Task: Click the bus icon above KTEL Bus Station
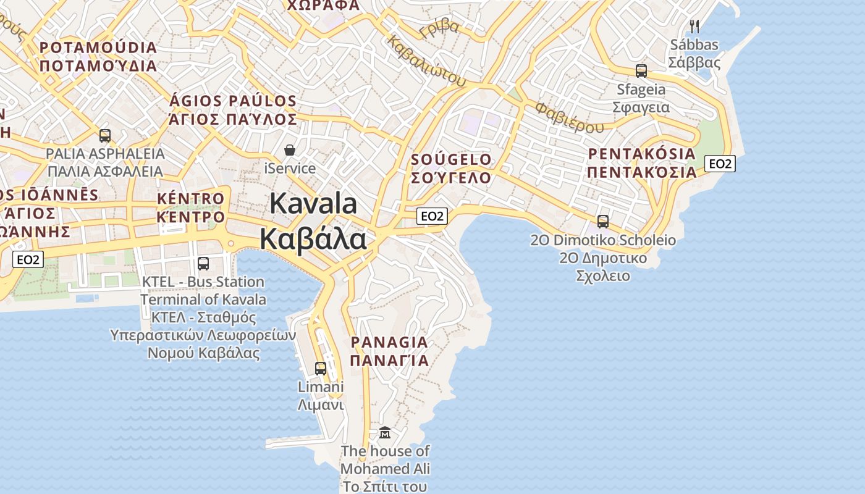tap(203, 264)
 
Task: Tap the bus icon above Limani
tap(321, 369)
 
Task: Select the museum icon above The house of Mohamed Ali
tap(385, 432)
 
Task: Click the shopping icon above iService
tap(289, 150)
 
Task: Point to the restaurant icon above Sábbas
tap(694, 26)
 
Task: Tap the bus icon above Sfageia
tap(641, 71)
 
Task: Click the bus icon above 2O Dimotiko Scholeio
tap(603, 221)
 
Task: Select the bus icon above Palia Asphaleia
tap(105, 135)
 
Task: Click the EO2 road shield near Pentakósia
tap(720, 164)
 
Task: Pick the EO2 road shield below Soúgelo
tap(432, 216)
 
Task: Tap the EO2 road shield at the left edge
tap(28, 259)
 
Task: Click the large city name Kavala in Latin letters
tap(313, 204)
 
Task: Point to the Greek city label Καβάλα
tap(313, 239)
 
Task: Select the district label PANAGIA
tap(389, 342)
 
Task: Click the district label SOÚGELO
tap(452, 160)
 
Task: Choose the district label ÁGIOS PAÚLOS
tap(233, 101)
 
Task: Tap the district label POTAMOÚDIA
tap(98, 48)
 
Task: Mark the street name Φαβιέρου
tap(569, 118)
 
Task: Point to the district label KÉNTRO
tap(191, 199)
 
